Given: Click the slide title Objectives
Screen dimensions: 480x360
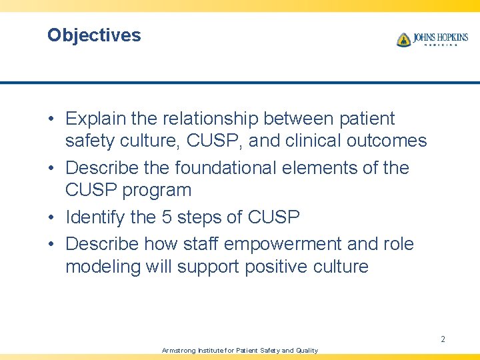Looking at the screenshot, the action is pos(94,35).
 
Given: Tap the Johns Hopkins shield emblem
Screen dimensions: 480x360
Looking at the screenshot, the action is pos(403,40).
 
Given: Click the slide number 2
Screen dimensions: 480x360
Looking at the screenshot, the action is pos(443,339).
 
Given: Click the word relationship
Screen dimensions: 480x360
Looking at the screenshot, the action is pos(203,119).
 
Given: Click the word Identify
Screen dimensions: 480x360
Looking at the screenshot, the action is pos(93,217).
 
